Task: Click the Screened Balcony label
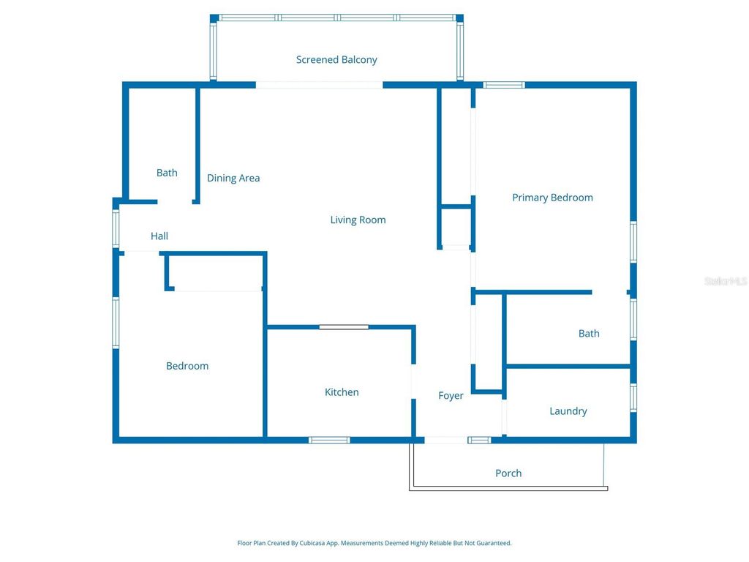tap(336, 60)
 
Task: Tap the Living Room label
tap(358, 220)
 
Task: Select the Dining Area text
tap(233, 178)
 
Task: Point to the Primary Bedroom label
tap(552, 198)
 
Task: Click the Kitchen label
tap(342, 392)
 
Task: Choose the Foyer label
tap(451, 396)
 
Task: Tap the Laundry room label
tap(568, 411)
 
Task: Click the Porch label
tap(508, 473)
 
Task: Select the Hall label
tap(159, 236)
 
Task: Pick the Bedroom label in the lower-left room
tap(187, 366)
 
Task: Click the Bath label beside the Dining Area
tap(167, 173)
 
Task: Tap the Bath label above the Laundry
tap(589, 334)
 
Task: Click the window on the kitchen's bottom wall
tap(329, 440)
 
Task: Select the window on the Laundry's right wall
tap(633, 395)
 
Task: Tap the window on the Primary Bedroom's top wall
tap(504, 85)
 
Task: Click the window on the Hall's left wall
tap(116, 228)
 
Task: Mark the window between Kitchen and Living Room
tap(344, 326)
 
